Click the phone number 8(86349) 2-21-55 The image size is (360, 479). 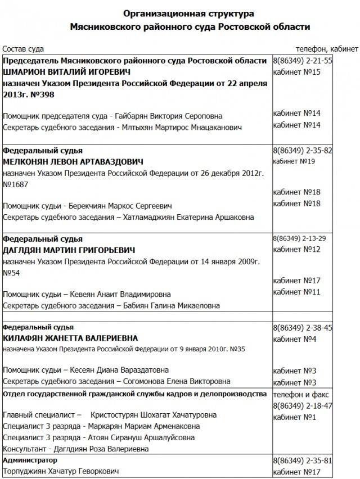[303, 61]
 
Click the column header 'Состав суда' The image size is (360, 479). [23, 49]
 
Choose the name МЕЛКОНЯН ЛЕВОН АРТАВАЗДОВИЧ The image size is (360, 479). [73, 162]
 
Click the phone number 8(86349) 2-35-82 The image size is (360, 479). [303, 151]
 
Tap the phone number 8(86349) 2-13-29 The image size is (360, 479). [299, 238]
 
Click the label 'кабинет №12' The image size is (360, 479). [296, 249]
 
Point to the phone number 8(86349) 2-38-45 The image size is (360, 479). [303, 327]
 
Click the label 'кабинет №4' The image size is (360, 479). [294, 338]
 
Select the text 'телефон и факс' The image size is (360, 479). [300, 394]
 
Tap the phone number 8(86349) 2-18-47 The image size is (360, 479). [303, 405]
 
